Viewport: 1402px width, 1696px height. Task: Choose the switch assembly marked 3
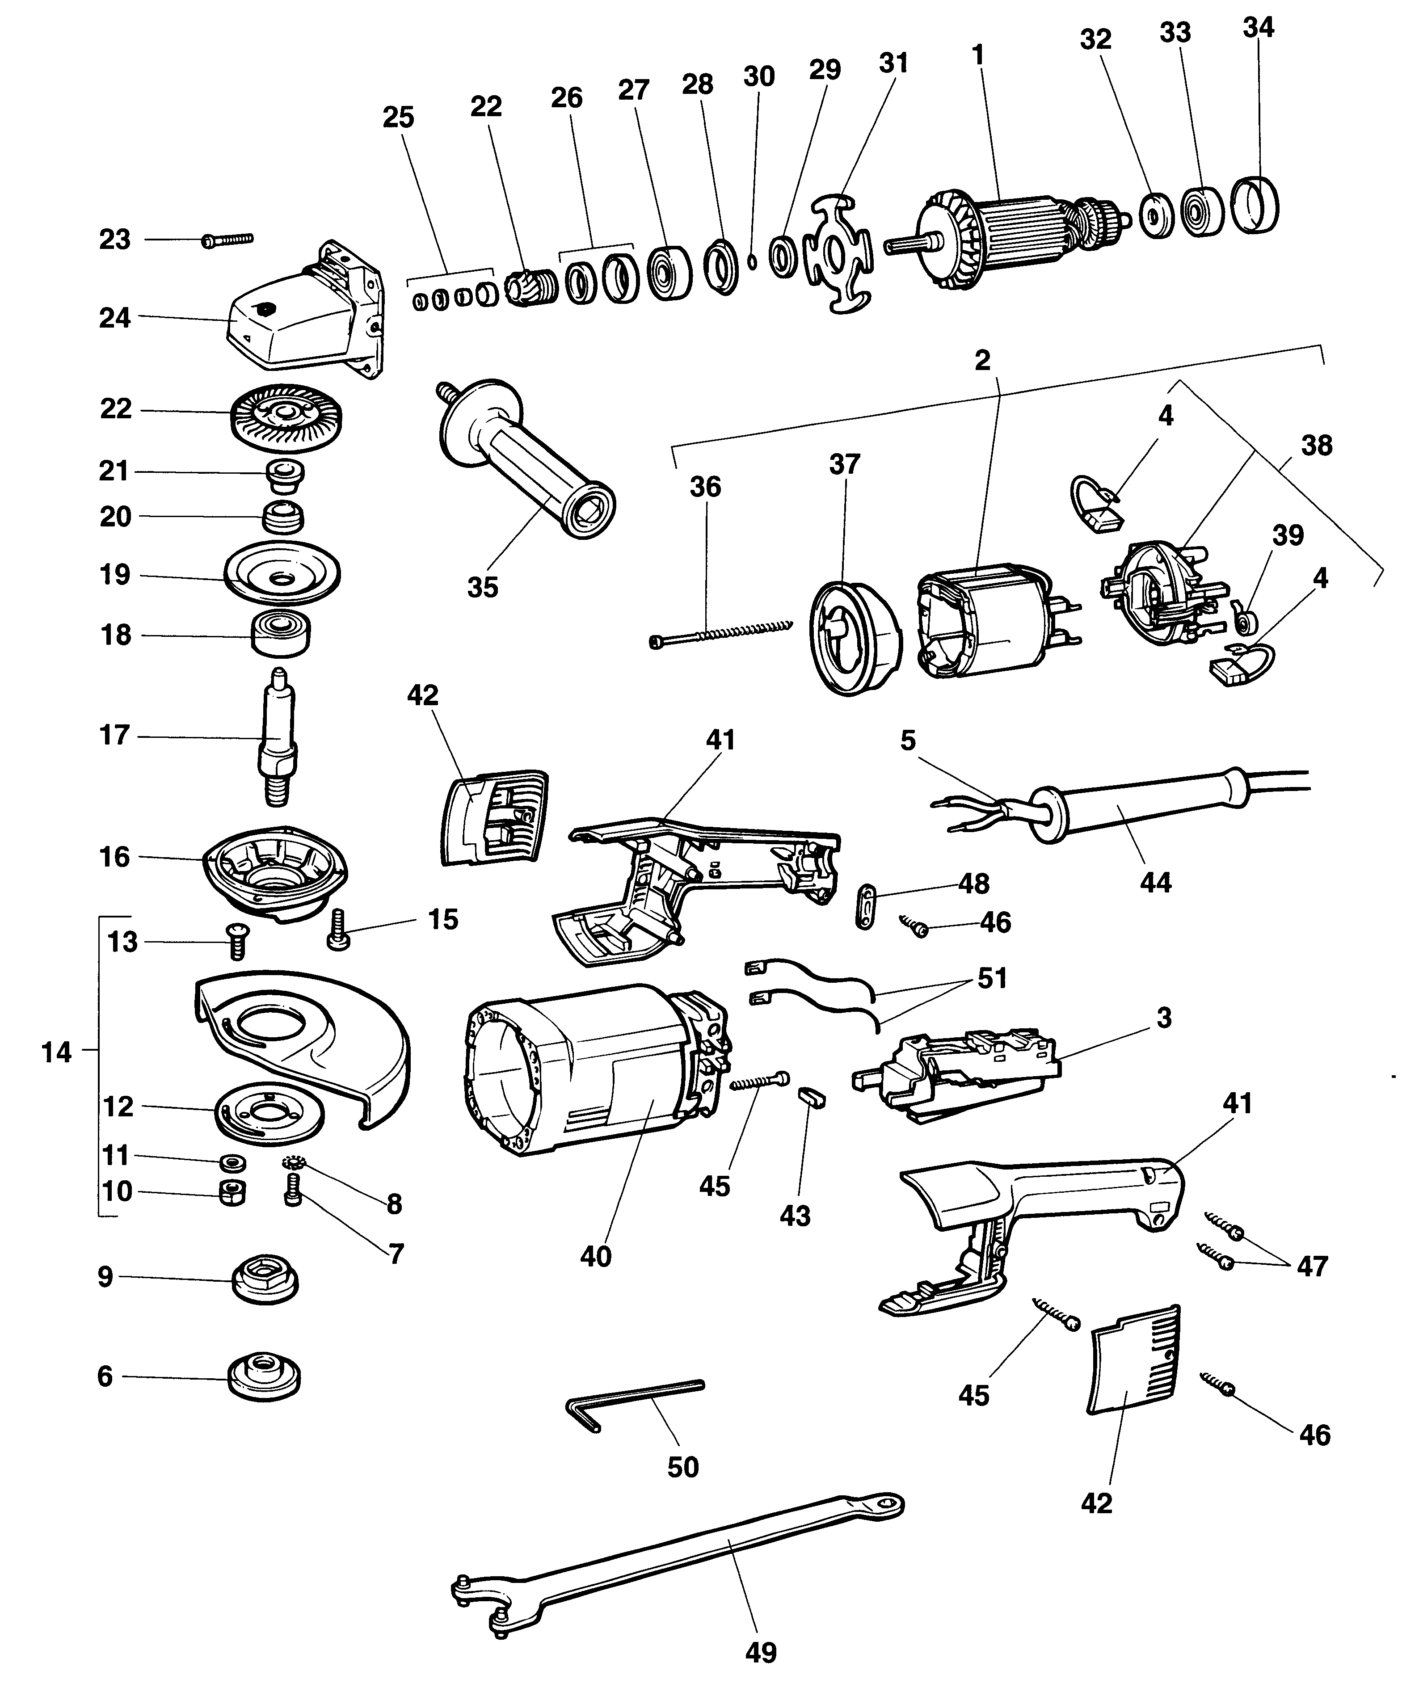click(961, 1070)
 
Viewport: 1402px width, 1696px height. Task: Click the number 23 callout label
click(115, 240)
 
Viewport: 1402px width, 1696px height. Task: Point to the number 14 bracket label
click(56, 1052)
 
